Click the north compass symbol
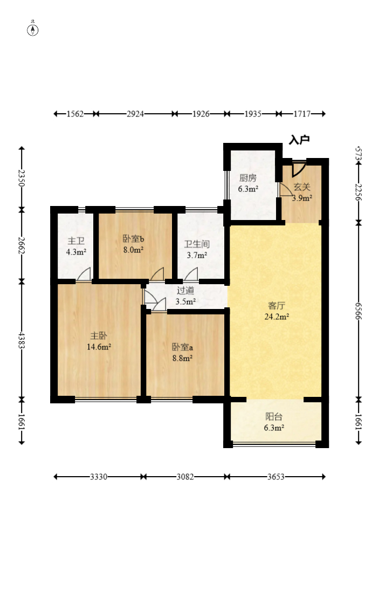coord(33,30)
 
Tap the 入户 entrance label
coord(299,140)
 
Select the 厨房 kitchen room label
coord(248,177)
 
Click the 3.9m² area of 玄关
coord(302,198)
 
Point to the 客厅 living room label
coord(277,305)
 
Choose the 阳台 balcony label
coord(274,416)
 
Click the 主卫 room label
coord(76,241)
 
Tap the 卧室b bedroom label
coord(134,238)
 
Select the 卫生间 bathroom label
coord(197,244)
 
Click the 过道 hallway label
coord(185,290)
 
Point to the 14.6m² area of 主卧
coord(99,347)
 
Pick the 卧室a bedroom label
coord(182,347)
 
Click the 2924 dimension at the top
coord(135,114)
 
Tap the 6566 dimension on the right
coord(359,311)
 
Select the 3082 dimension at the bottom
coord(185,477)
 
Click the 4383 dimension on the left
coord(22,340)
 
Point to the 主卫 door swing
coord(84,274)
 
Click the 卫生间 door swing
coord(191,274)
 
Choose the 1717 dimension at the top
coord(302,114)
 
